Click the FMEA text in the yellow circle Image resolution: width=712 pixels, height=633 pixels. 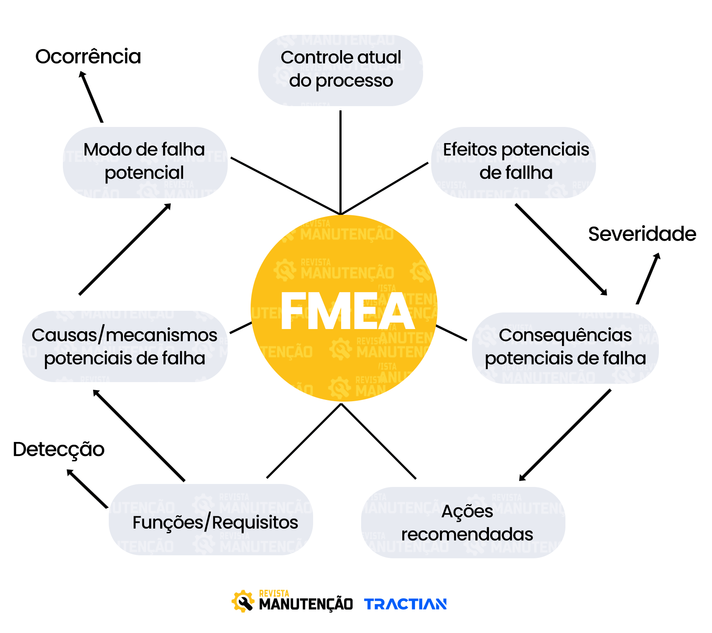[347, 311]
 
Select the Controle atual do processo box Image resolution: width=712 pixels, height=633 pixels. [341, 70]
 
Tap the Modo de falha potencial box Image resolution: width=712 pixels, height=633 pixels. [145, 162]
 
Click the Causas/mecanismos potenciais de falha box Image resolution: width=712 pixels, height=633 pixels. [124, 346]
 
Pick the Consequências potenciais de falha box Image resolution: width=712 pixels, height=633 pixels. [565, 347]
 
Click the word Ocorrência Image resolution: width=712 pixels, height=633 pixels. [88, 56]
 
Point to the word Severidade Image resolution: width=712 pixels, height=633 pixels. [641, 234]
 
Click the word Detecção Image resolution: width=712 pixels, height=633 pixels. [59, 449]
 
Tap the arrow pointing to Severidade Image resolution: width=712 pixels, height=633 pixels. [648, 279]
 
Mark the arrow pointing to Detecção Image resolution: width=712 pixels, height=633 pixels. [88, 489]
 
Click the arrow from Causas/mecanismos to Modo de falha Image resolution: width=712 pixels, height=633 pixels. [125, 249]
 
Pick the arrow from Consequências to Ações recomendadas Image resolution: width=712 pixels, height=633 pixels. [565, 435]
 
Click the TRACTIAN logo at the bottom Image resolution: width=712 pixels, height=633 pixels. [405, 604]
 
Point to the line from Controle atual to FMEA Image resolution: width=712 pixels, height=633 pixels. [340, 161]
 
